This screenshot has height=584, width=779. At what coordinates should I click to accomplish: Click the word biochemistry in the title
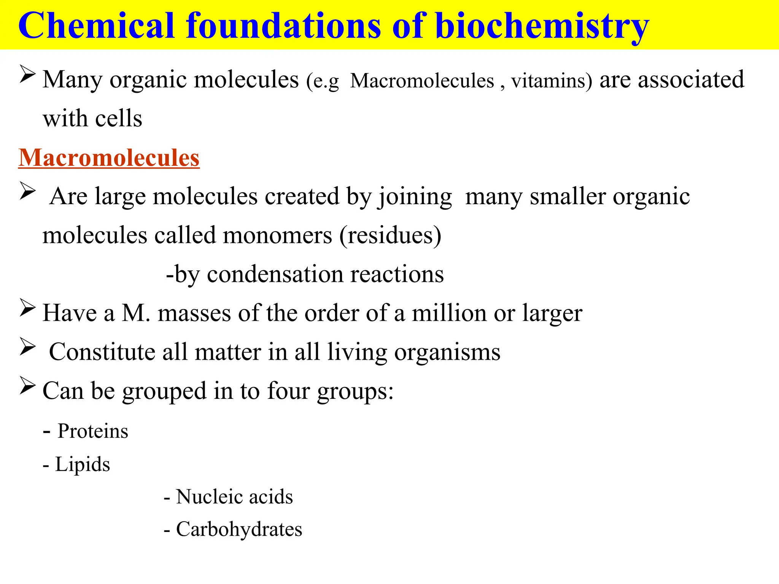coord(542,26)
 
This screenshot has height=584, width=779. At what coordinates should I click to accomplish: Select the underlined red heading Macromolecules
coord(109,157)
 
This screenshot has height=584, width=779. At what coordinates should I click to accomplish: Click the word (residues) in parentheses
coord(390,235)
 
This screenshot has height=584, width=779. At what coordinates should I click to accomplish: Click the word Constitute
coord(102,352)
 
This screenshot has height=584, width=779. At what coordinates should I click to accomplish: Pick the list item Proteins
coord(93,431)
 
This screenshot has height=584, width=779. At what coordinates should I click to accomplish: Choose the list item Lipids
coord(83,464)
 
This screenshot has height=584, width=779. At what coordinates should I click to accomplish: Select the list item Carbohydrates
coord(239,529)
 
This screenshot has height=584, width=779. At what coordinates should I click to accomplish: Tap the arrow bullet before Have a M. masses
coord(27,308)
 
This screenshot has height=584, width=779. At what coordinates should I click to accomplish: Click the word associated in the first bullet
coord(691,79)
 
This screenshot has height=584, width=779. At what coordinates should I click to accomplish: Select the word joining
coord(415,197)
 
